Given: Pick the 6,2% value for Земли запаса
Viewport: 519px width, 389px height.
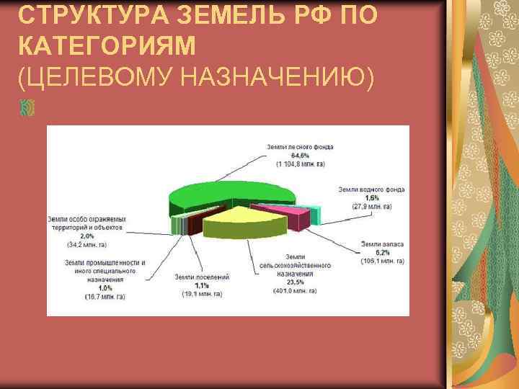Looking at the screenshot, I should click(x=381, y=253).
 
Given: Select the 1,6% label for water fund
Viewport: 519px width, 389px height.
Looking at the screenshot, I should click(x=371, y=197).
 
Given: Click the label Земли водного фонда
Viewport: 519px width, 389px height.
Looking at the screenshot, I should click(x=371, y=189).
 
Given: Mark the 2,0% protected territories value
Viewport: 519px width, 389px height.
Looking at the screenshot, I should click(x=86, y=236).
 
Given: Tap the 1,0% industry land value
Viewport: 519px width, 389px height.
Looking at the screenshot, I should click(x=105, y=287).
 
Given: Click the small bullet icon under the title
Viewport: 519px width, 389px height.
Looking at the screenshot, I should click(x=27, y=108).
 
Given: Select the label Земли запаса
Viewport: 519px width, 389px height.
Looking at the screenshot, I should click(x=381, y=244).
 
